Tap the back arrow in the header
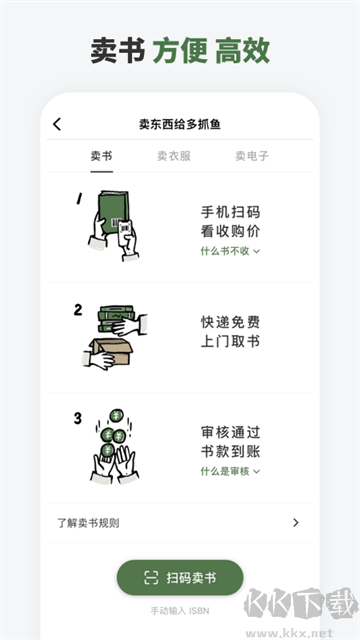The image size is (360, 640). pyautogui.click(x=57, y=124)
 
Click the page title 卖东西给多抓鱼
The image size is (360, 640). pyautogui.click(x=180, y=124)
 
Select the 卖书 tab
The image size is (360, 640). pyautogui.click(x=101, y=156)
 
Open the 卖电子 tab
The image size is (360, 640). pyautogui.click(x=252, y=156)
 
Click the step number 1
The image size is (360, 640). pyautogui.click(x=78, y=199)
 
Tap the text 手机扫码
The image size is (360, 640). pyautogui.click(x=230, y=212)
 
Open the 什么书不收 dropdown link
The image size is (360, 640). pyautogui.click(x=230, y=251)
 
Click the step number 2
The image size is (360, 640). pyautogui.click(x=78, y=310)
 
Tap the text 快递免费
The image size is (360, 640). pyautogui.click(x=230, y=323)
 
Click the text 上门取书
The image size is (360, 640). pyautogui.click(x=230, y=342)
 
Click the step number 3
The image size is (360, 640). pyautogui.click(x=77, y=418)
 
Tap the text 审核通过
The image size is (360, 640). pyautogui.click(x=230, y=432)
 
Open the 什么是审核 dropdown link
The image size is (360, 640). pyautogui.click(x=230, y=471)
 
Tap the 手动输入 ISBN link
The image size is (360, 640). pyautogui.click(x=179, y=610)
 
